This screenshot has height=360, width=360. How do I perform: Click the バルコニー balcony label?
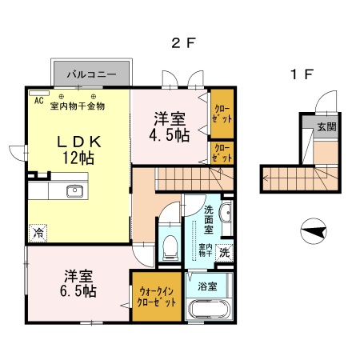[92, 74]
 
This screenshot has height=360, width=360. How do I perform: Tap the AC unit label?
[38, 101]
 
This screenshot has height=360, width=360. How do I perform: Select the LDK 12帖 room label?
[78, 150]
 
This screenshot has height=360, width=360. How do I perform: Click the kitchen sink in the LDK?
[75, 190]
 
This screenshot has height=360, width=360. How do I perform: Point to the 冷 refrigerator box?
[38, 233]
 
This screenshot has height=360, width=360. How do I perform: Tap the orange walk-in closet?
[158, 298]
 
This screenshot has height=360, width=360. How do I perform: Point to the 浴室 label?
[208, 283]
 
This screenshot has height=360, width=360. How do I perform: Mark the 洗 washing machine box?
[225, 251]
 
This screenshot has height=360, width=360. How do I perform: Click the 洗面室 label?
[208, 219]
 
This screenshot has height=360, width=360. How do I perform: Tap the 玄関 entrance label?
[325, 127]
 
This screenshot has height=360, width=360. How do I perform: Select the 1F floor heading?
[301, 75]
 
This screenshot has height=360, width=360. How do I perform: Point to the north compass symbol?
[314, 233]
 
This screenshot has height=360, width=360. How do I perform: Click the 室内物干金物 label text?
[78, 106]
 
